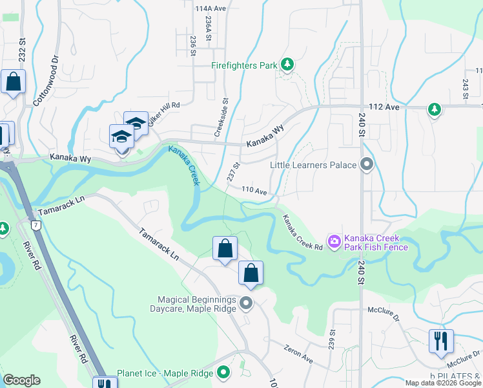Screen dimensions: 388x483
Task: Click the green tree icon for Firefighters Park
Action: coord(287,65)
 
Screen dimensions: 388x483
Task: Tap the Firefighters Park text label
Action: coord(244,65)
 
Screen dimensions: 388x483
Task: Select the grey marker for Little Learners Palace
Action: coord(367,165)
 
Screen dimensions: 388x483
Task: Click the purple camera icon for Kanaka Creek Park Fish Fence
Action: coord(334,242)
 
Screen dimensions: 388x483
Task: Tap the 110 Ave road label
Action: coord(254,191)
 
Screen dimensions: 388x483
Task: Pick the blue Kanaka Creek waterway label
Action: coord(185,166)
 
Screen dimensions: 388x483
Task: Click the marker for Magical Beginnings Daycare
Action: coord(245,303)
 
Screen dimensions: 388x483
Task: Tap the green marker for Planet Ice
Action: coord(223,373)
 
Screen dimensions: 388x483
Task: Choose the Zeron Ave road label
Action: coord(298,354)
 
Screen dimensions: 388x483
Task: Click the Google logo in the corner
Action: coord(21,380)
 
